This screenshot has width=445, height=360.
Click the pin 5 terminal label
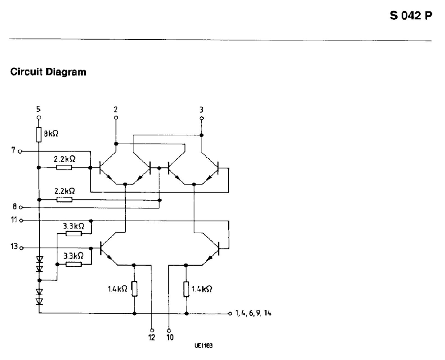coord(39,109)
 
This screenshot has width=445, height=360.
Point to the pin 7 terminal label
coord(13,151)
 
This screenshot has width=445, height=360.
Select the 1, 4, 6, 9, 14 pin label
coord(253,313)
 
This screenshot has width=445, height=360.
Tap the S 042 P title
coord(411,16)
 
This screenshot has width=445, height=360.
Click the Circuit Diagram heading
coord(48,72)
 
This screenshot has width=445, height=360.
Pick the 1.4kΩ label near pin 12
coord(119,289)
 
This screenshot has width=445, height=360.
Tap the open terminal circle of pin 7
coord(20,151)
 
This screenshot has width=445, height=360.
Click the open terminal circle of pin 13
coord(21,248)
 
